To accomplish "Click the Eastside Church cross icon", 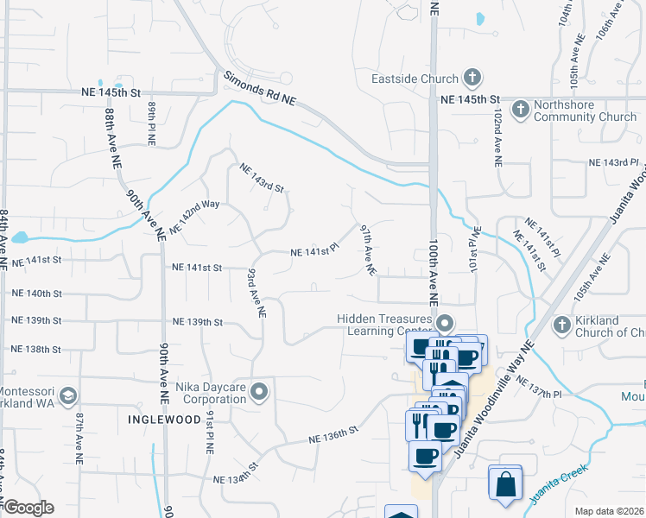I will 472,79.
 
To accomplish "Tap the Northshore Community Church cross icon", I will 520,110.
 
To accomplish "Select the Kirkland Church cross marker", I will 561,325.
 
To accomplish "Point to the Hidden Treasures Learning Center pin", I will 445,325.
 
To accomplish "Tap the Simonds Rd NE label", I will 259,88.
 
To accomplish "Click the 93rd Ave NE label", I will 256,293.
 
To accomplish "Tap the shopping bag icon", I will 505,483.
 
